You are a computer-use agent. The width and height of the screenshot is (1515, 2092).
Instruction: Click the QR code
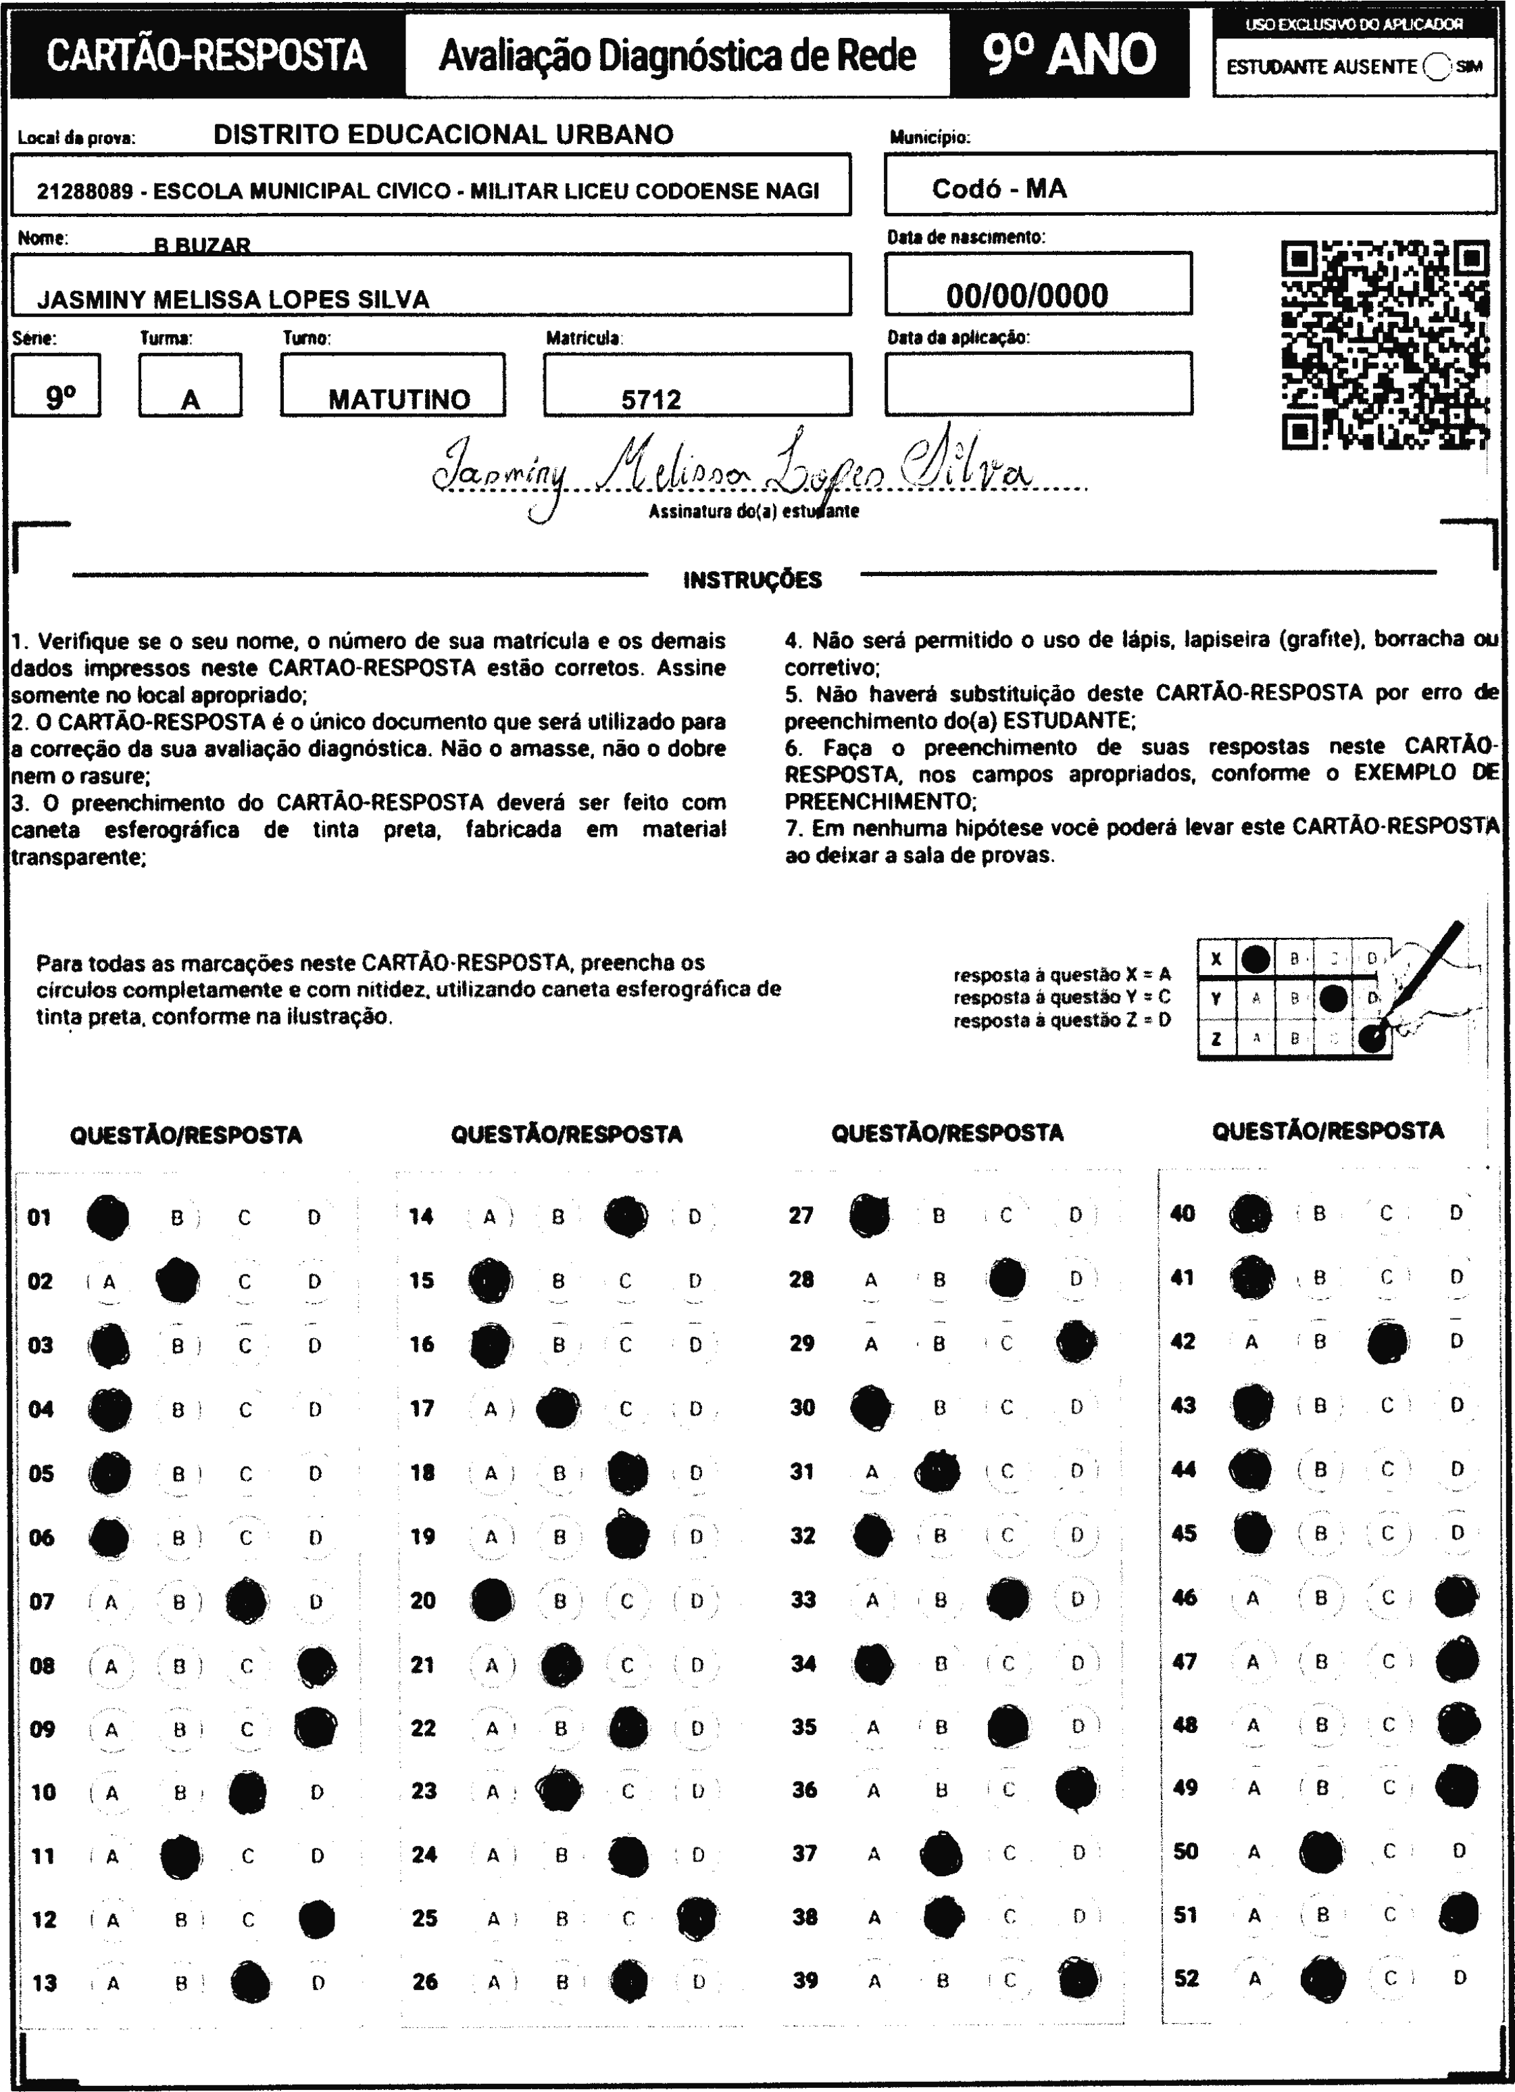pos(1385,345)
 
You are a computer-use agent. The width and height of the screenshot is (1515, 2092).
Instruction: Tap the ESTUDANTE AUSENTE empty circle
pos(1437,66)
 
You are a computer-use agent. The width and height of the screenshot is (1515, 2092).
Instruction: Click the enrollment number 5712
pos(651,400)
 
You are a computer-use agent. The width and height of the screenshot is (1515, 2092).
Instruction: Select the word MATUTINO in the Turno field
pos(399,400)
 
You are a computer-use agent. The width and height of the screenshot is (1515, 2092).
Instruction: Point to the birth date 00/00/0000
pos(1026,296)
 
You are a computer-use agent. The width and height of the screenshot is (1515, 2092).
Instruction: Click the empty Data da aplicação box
pos(1039,384)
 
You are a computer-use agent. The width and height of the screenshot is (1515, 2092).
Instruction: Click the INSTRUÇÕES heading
pos(752,580)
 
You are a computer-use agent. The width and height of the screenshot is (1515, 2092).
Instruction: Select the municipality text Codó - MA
pos(999,189)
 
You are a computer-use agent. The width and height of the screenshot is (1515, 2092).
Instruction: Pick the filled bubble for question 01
pos(108,1216)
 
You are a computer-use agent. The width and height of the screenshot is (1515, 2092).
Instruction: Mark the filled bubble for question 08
pos(316,1666)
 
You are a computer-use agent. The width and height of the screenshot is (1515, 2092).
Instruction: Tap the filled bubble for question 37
pos(941,1854)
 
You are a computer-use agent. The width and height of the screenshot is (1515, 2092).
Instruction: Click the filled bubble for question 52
pos(1322,1978)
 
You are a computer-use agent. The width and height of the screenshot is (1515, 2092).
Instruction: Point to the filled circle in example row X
pos(1255,959)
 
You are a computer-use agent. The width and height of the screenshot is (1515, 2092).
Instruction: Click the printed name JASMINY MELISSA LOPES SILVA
pos(233,300)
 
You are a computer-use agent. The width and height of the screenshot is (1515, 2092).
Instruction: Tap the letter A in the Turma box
pos(190,400)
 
